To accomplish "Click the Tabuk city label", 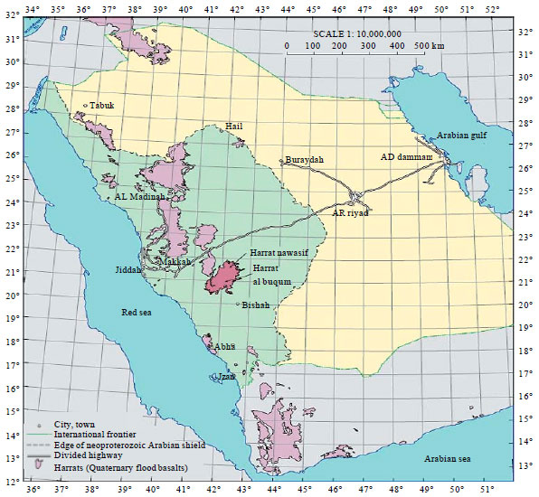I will coord(102,106).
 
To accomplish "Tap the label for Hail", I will coord(233,127).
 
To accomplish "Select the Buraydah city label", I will coord(304,160).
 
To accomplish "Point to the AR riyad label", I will coord(352,212).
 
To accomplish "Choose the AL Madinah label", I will coord(139,196).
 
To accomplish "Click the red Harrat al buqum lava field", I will coord(222,277).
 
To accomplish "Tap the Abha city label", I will coord(225,346).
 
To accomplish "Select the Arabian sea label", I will coord(450,459).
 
